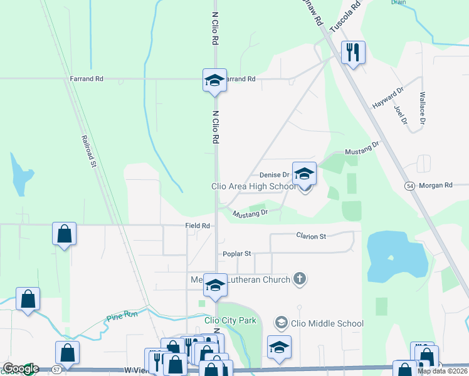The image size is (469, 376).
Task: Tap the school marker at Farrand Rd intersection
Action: pos(214,80)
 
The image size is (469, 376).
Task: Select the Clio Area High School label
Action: pos(253,186)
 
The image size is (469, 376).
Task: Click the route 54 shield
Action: pos(409,186)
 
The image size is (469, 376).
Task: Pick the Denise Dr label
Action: pos(274,175)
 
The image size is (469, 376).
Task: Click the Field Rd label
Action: pos(197,226)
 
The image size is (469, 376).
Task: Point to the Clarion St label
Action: pos(311,236)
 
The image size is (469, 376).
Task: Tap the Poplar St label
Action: pos(236,254)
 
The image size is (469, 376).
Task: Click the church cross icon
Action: pos(300,279)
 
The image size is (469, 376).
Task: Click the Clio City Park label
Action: pos(230,321)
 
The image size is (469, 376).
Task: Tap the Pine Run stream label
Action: pos(119,316)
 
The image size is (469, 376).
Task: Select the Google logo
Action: pos(20,368)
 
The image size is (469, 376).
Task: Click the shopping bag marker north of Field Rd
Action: pos(64,234)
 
